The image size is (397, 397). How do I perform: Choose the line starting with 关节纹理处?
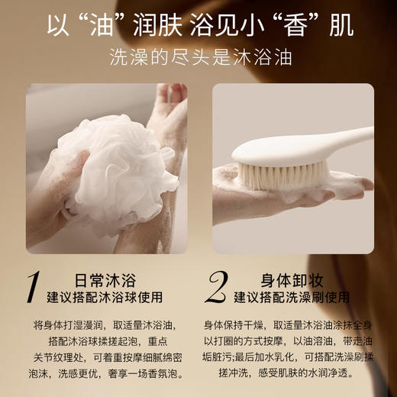(x=107, y=357)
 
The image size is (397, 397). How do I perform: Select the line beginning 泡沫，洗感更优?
(x=107, y=373)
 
